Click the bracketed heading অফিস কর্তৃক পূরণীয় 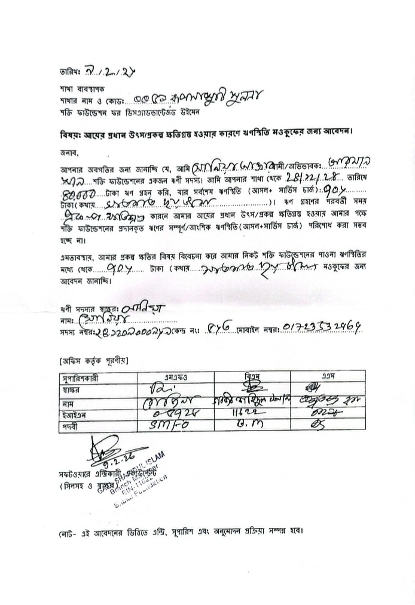(x=93, y=360)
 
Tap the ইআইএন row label (x=74, y=413)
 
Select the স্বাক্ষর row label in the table (x=73, y=389)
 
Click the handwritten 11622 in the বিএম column (x=251, y=413)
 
